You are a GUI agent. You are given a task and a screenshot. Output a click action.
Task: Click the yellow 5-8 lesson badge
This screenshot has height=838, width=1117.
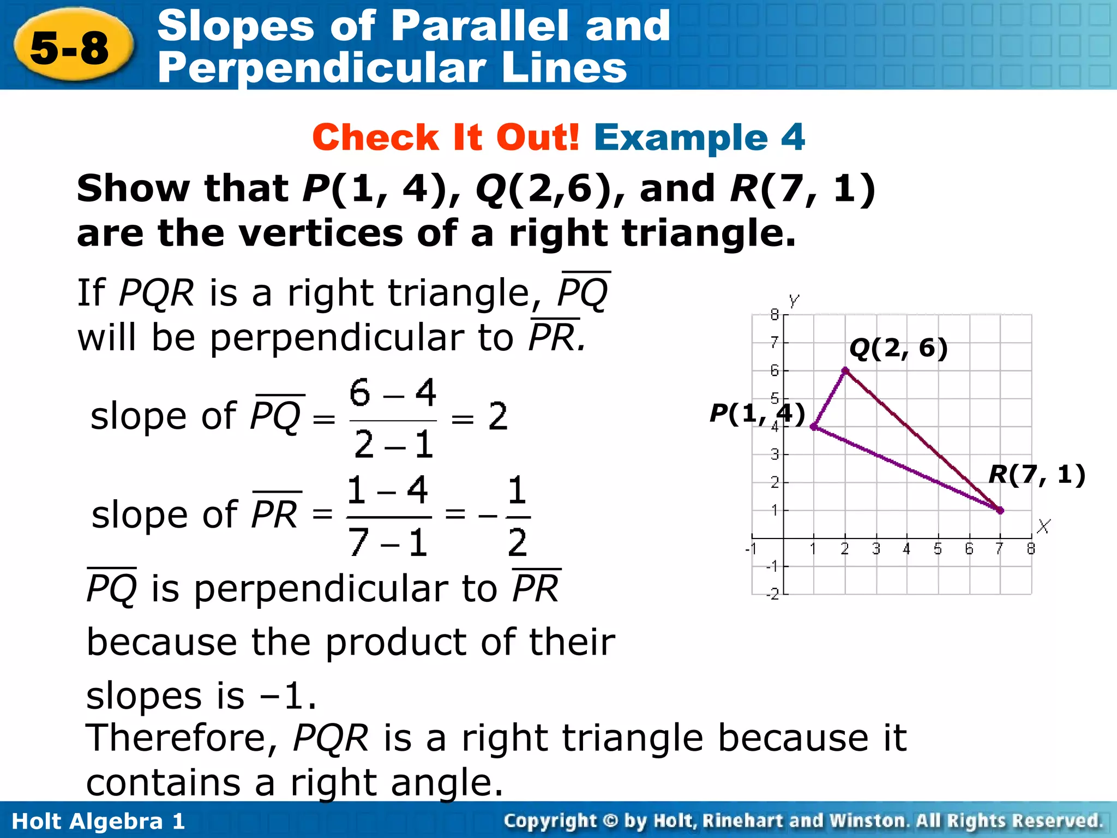(x=71, y=48)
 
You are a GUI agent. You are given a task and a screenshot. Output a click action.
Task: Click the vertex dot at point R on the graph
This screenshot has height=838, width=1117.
(x=1000, y=511)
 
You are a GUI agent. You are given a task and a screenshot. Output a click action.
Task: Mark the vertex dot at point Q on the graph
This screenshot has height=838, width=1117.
(x=845, y=371)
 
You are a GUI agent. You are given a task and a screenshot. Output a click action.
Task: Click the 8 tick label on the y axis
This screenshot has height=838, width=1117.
(x=774, y=314)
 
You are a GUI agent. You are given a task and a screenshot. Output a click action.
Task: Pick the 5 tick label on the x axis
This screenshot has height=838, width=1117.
(x=938, y=549)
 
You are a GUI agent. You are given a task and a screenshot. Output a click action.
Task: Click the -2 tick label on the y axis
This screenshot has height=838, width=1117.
(x=772, y=595)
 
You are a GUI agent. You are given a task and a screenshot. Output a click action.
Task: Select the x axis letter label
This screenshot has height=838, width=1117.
(x=1043, y=526)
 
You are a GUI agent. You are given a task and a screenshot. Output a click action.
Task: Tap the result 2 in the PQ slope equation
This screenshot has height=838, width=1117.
(x=498, y=417)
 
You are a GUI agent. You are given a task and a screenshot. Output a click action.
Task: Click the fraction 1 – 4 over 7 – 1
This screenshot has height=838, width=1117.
(x=388, y=516)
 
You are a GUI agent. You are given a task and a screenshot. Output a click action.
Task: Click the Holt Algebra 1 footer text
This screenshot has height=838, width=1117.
(x=98, y=821)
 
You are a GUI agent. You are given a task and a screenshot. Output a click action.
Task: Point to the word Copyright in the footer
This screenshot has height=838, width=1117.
(x=550, y=821)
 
